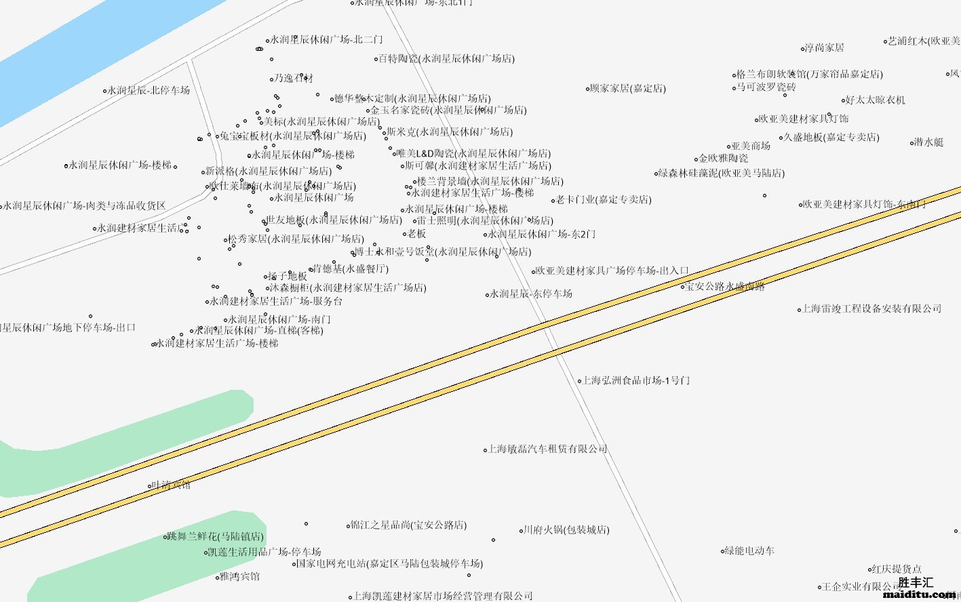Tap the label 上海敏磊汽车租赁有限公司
(548, 449)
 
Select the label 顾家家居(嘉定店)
(628, 89)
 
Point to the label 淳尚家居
(825, 47)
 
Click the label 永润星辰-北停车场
(149, 90)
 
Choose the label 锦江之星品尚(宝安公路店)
(408, 525)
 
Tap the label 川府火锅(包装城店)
(566, 530)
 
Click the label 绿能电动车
(750, 550)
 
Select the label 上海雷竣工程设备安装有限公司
(872, 308)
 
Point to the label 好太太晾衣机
(876, 100)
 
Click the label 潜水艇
(928, 142)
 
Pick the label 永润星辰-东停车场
(531, 294)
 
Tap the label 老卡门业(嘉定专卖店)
(604, 200)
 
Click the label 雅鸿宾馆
(240, 576)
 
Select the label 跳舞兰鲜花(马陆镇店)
(216, 536)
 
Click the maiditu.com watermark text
(920, 595)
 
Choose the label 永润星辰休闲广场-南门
(279, 319)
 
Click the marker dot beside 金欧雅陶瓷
(697, 159)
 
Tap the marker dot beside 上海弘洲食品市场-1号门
(579, 381)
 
